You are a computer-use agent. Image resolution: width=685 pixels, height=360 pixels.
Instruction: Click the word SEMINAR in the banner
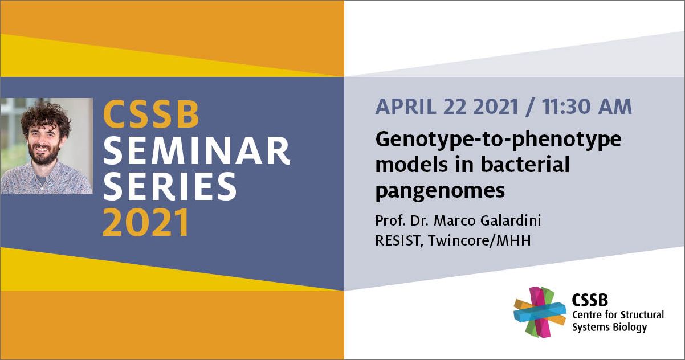[197, 151]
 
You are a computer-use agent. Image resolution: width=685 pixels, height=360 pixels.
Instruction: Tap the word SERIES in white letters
[170, 186]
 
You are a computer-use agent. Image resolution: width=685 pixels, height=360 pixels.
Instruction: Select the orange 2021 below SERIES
[145, 222]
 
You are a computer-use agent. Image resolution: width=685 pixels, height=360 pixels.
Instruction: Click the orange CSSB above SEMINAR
[152, 114]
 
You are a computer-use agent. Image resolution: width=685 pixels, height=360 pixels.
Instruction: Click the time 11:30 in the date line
[563, 107]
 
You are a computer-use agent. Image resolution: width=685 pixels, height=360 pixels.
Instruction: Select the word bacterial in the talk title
[525, 164]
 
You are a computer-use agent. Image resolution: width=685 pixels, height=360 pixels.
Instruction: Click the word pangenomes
[440, 191]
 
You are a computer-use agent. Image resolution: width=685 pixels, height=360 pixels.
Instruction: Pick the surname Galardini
[511, 220]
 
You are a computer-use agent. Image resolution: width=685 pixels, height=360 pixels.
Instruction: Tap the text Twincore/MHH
[479, 240]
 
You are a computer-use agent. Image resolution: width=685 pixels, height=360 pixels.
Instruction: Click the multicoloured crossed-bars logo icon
[540, 312]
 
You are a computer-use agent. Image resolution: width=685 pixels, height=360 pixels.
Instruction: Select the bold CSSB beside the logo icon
[590, 300]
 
